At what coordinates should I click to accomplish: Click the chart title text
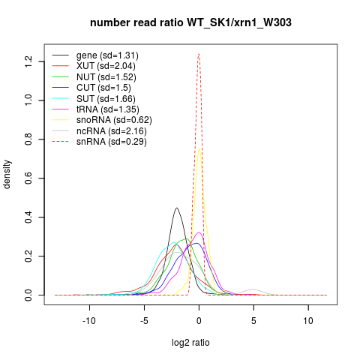click(x=190, y=22)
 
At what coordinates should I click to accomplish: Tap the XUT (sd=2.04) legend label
click(x=106, y=66)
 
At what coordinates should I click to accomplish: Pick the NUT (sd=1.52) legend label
click(x=106, y=77)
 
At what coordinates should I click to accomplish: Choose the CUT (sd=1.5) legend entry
click(x=103, y=88)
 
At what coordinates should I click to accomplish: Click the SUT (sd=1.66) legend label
click(x=106, y=99)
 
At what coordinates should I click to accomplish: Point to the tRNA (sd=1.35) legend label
click(x=108, y=109)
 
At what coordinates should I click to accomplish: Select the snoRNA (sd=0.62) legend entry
click(x=114, y=120)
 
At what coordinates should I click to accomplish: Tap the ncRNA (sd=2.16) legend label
click(x=112, y=131)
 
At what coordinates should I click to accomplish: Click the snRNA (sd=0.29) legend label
click(x=112, y=142)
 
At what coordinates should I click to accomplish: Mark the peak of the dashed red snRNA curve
click(x=199, y=54)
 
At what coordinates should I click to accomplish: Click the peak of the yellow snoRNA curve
click(x=199, y=148)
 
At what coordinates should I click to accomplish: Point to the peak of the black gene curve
click(x=177, y=208)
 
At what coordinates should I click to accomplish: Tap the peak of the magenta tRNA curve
click(x=199, y=232)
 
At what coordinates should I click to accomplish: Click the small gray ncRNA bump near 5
click(x=253, y=289)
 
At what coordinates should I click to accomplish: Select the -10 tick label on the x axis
click(x=89, y=321)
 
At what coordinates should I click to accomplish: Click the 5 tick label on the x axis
click(x=253, y=321)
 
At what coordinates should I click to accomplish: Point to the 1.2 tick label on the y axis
click(x=28, y=61)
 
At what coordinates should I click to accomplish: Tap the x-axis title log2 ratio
click(x=190, y=343)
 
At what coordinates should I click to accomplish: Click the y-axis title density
click(x=7, y=175)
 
